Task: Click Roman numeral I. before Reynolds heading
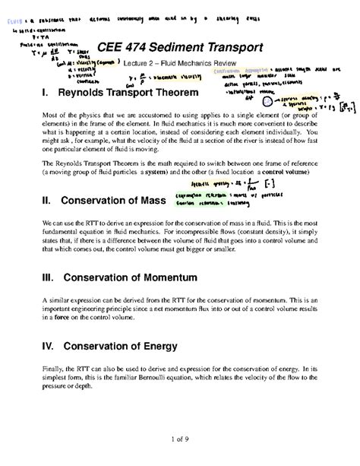[x=40, y=94]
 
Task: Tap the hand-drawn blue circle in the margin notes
[x=268, y=100]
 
